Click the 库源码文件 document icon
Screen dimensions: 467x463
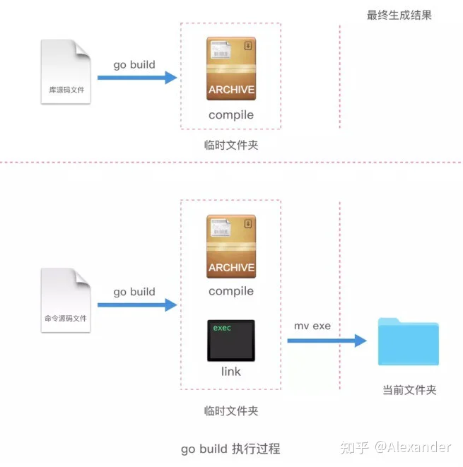(x=66, y=71)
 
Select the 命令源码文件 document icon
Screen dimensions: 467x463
(x=66, y=299)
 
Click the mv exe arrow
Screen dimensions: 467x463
(x=326, y=341)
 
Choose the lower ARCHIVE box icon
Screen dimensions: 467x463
(x=231, y=247)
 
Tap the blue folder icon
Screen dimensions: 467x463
(x=408, y=342)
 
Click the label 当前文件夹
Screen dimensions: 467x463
(x=409, y=390)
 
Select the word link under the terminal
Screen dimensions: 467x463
(x=230, y=372)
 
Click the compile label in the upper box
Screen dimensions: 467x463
(x=230, y=114)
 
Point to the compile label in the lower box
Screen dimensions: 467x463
(x=230, y=291)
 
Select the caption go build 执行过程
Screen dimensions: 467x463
(x=230, y=449)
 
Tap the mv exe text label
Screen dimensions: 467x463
(x=312, y=326)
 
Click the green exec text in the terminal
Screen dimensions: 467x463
(x=222, y=328)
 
